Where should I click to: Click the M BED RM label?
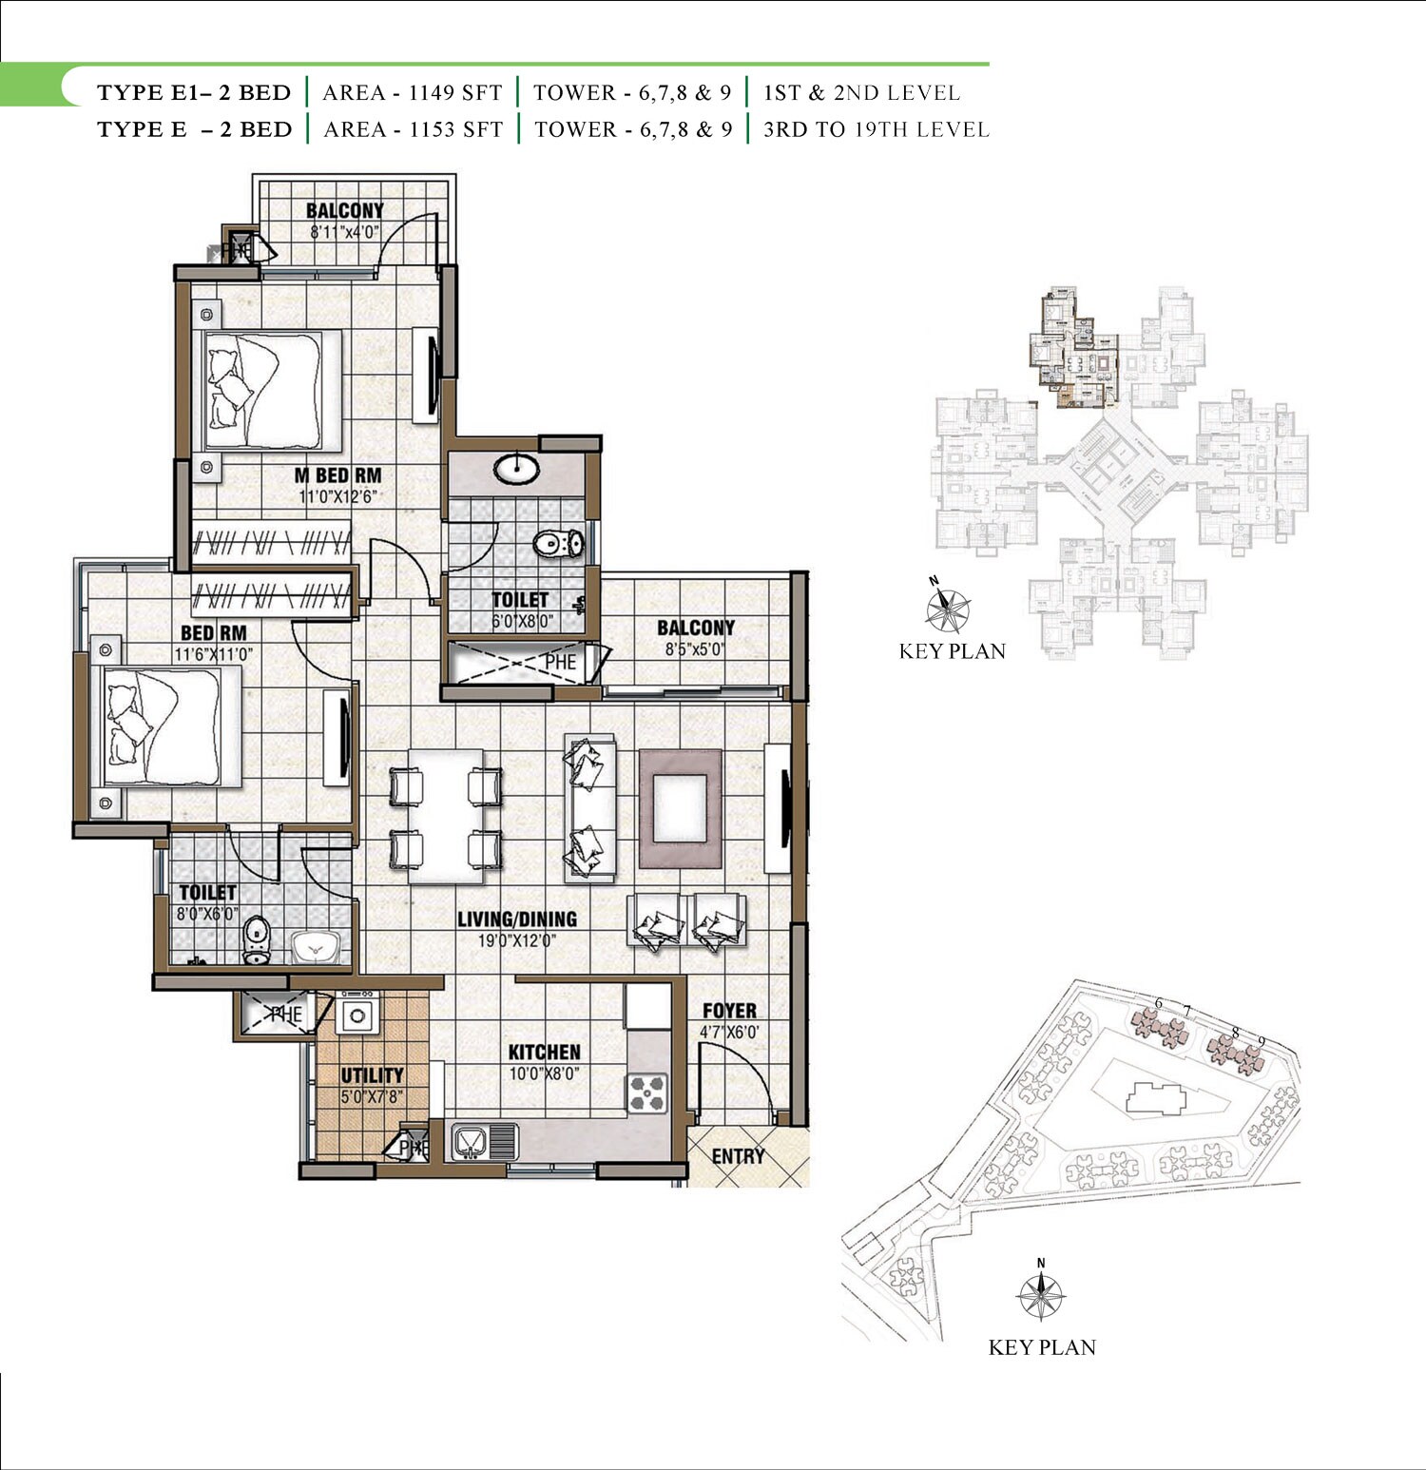coord(338,475)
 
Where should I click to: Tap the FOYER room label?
coord(729,1011)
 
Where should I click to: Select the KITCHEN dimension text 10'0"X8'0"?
coord(544,1074)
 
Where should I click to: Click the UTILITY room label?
coord(372,1075)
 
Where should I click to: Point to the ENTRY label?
coord(738,1156)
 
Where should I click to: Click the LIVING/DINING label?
coord(516,919)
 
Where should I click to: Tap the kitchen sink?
coord(471,1141)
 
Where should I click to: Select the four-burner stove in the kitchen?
coord(646,1093)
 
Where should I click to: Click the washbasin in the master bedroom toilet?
coord(517,468)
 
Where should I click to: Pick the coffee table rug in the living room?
coord(680,808)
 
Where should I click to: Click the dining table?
coord(445,816)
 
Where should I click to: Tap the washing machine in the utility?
coord(357,1015)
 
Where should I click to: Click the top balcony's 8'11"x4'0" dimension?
coord(344,231)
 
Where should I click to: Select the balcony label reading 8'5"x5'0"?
coord(695,649)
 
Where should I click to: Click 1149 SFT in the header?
coord(455,93)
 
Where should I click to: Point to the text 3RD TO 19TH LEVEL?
coord(876,129)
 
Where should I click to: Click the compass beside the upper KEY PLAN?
coord(947,609)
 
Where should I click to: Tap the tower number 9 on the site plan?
coord(1262,1041)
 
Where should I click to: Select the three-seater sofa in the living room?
coord(589,808)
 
